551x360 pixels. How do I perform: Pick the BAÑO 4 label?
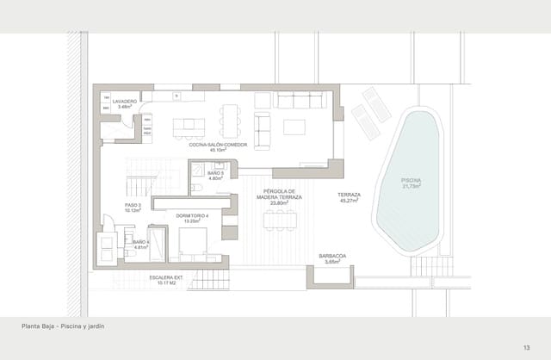tap(141, 245)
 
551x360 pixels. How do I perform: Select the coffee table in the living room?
tap(294, 127)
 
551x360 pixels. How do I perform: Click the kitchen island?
tap(189, 127)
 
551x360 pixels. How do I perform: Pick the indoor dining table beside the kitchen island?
tap(229, 121)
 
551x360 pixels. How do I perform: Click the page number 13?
tap(526, 347)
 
